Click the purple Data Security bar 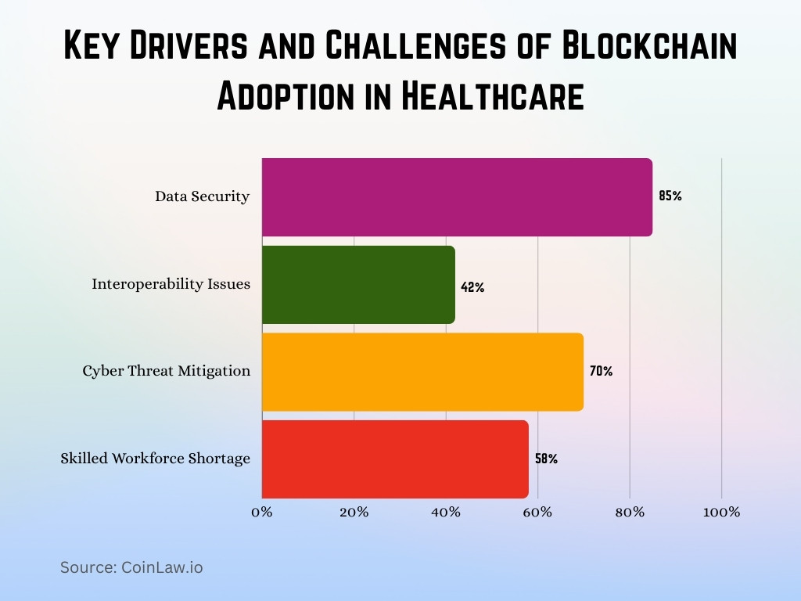coord(457,196)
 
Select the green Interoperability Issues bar coord(358,284)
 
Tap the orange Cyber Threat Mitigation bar coord(422,372)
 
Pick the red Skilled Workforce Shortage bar coord(395,459)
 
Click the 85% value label coord(670,196)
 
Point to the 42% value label coord(472,288)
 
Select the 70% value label coord(601,372)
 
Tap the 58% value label coord(546,459)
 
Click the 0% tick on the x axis coord(262,513)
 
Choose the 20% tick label coord(354,513)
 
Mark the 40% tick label coord(446,513)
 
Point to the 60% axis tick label coord(538,513)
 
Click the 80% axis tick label coord(630,513)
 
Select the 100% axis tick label coord(721,513)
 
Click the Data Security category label coord(202,196)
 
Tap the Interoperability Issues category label coord(171,284)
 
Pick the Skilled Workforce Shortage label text coord(156,459)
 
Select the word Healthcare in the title coord(492,96)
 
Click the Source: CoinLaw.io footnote coord(131,567)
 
